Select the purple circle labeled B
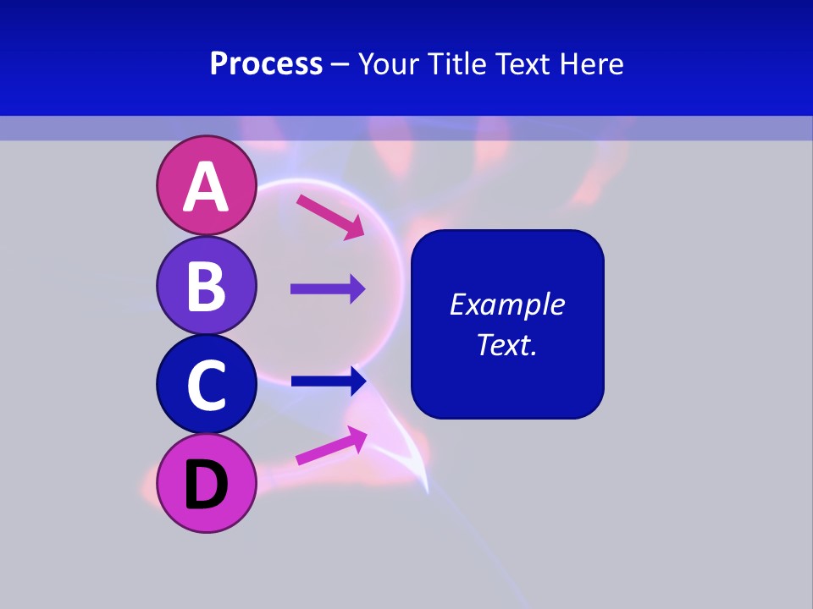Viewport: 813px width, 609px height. point(206,285)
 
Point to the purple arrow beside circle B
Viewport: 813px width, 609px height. point(328,289)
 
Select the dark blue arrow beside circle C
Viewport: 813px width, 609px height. point(329,381)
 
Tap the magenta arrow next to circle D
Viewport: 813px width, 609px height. point(331,446)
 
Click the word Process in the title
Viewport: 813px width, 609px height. point(266,63)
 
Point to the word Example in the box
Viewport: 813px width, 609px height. point(507,304)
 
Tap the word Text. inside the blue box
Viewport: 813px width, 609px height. point(507,344)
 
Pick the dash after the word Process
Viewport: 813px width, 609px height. point(340,64)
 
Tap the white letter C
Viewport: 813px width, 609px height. point(206,385)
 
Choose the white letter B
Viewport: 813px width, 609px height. point(206,285)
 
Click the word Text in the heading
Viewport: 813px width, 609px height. point(526,63)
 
